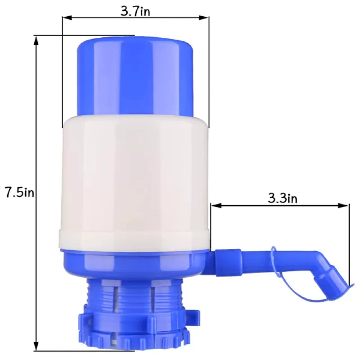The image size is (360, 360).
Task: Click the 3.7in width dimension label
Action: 135,11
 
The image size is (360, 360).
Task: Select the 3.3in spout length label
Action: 282,198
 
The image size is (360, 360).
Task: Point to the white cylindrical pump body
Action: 135,180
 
